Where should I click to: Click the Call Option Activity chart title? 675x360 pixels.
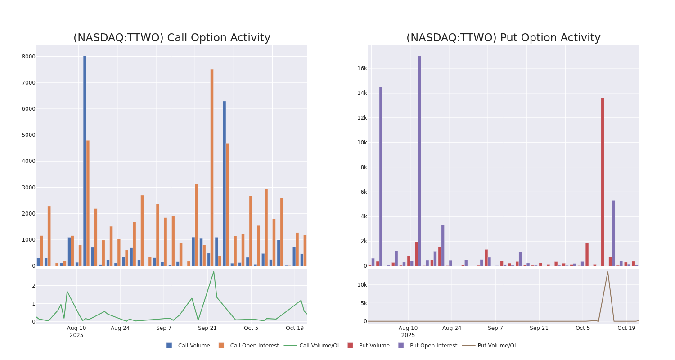(x=171, y=38)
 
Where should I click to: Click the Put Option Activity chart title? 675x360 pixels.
(x=503, y=38)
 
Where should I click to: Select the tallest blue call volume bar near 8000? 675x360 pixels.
(x=85, y=161)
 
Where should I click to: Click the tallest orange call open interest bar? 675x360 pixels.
(x=212, y=167)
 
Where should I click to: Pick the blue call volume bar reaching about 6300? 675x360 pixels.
(x=225, y=183)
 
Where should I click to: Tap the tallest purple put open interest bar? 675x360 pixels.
(x=419, y=161)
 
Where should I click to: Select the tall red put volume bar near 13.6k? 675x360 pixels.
(x=603, y=182)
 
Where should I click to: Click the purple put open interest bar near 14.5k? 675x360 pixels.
(x=381, y=176)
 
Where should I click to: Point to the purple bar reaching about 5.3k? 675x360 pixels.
(x=613, y=233)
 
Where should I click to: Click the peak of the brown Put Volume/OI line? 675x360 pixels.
(x=607, y=272)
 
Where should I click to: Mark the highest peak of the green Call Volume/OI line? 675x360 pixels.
(x=214, y=272)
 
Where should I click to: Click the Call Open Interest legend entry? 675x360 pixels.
(x=254, y=346)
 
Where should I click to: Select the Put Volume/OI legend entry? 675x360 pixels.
(x=496, y=346)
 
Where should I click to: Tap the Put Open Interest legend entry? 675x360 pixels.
(x=433, y=346)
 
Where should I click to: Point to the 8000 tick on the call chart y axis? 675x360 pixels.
(x=28, y=57)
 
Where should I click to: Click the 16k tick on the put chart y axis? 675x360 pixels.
(x=362, y=68)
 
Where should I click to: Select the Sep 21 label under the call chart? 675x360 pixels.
(x=207, y=328)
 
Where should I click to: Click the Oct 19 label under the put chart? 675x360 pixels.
(x=626, y=328)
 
